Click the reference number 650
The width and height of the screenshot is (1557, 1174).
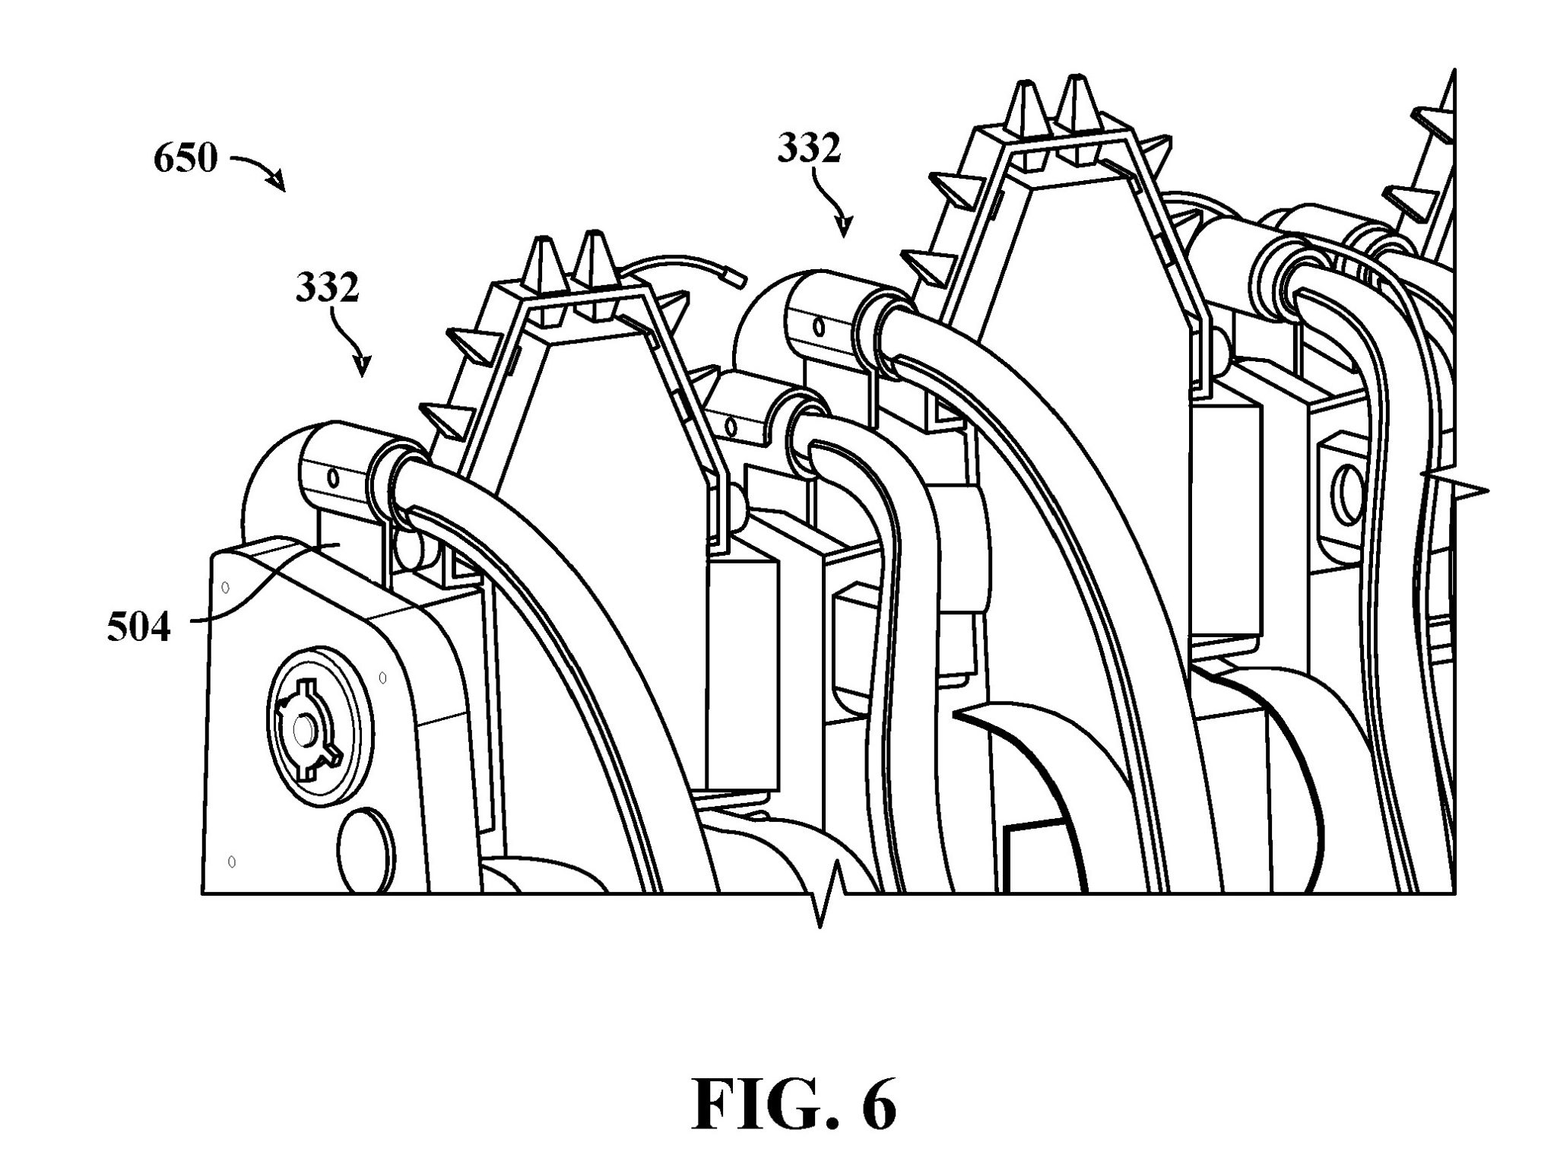(186, 160)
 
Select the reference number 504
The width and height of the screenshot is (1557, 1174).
(139, 628)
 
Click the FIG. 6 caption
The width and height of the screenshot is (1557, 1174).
(794, 1104)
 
